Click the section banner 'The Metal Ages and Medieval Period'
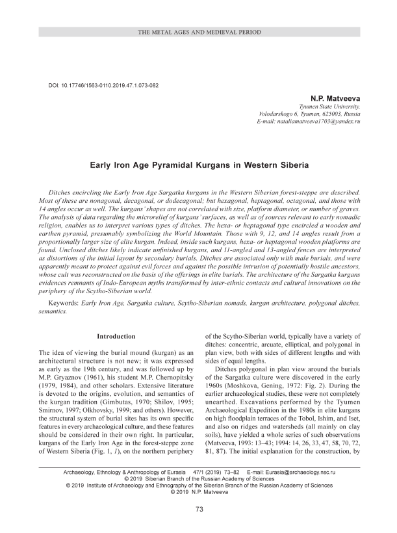click(x=199, y=31)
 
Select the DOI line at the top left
click(x=104, y=85)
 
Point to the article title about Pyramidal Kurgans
click(x=199, y=165)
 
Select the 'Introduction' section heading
click(x=116, y=336)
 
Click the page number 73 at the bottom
click(x=199, y=509)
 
